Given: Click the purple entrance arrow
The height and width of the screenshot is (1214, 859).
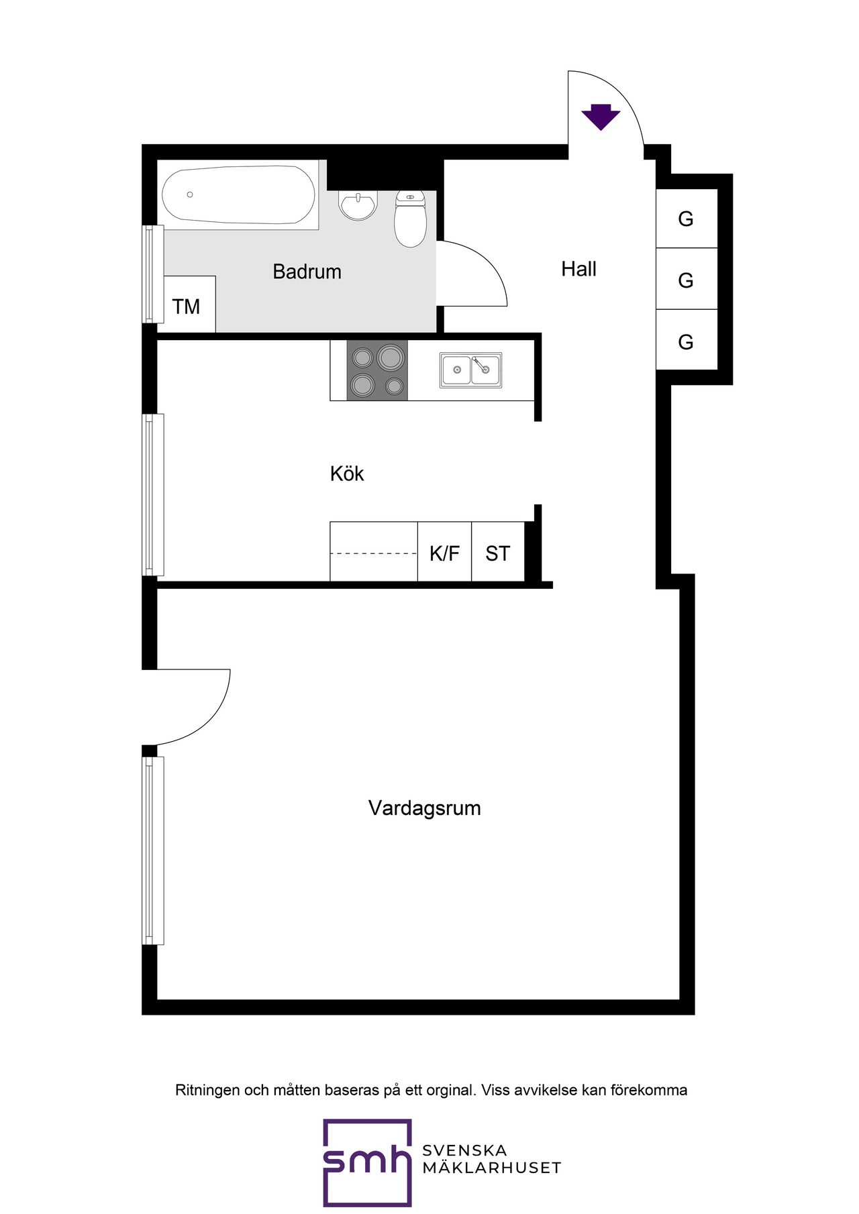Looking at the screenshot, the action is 601,117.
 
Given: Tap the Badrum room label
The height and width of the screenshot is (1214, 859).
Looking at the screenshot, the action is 307,272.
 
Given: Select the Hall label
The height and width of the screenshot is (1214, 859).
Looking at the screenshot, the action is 578,269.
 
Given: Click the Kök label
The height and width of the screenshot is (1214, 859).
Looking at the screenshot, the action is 347,474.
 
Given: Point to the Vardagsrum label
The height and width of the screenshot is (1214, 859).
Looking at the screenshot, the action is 425,808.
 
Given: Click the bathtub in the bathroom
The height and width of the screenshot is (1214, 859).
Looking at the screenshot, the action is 238,195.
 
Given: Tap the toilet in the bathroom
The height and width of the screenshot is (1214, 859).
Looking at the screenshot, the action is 410,219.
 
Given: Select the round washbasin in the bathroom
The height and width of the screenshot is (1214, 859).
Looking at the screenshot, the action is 358,206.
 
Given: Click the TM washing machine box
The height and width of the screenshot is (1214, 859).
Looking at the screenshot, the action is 190,304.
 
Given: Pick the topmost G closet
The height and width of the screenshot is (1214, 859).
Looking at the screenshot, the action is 687,218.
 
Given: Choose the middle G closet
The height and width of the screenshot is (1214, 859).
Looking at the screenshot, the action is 687,279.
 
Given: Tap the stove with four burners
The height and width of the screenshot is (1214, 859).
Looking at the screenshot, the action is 377,370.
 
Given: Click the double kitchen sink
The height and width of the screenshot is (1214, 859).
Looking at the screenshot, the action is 470,370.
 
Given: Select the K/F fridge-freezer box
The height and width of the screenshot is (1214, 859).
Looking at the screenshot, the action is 444,551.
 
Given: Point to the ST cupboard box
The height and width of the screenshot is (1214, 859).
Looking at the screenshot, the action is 498,551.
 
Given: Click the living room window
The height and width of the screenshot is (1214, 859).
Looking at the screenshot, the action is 154,850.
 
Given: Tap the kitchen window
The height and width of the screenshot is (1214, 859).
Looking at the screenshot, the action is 154,494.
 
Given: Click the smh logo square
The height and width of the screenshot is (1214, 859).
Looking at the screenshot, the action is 367,1162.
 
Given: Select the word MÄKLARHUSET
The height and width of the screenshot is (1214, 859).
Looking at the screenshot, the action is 492,1168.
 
